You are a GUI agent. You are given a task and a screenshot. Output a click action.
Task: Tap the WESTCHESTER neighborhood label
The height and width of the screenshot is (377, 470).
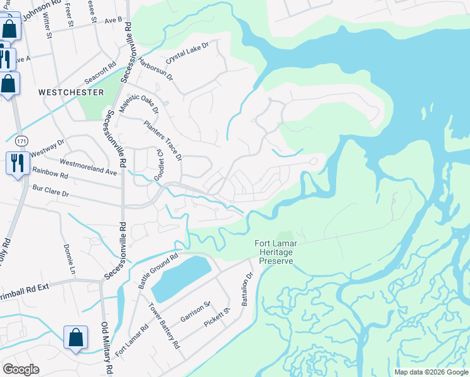pos(71,92)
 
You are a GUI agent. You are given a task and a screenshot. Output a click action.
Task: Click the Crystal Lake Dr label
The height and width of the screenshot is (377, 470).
pos(187,53)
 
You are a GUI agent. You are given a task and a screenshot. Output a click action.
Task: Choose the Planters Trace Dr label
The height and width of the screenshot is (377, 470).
pos(163,139)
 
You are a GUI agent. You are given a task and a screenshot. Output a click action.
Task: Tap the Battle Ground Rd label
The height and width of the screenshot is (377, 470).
pos(158,271)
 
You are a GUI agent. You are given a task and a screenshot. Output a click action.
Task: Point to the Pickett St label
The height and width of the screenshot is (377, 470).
pos(218,317)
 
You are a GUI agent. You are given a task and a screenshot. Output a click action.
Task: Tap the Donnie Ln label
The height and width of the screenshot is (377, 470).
pos(70,258)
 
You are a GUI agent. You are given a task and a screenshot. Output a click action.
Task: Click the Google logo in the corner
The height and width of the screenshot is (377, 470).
pos(21,369)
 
